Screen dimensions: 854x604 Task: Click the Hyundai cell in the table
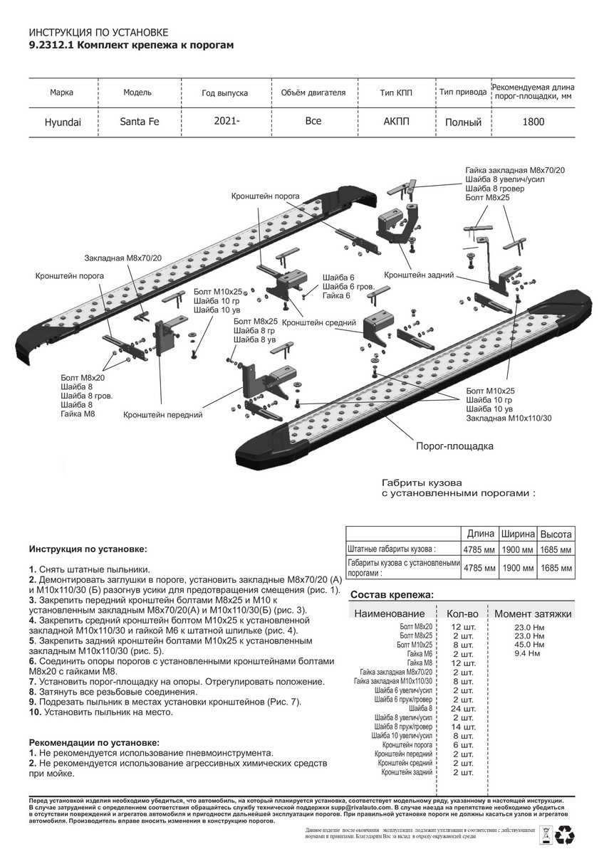(x=63, y=122)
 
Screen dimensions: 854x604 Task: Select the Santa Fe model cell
(x=140, y=121)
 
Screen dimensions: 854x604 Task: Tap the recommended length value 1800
(x=533, y=122)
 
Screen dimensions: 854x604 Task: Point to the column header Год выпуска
(x=225, y=93)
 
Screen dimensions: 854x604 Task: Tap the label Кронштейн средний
(x=319, y=323)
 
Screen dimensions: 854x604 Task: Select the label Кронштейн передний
(x=164, y=413)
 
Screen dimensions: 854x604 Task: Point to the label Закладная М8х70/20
(x=123, y=257)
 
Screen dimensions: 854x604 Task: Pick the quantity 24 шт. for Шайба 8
(x=464, y=709)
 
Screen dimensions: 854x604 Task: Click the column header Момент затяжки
(x=533, y=613)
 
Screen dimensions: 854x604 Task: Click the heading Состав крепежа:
(x=392, y=594)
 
